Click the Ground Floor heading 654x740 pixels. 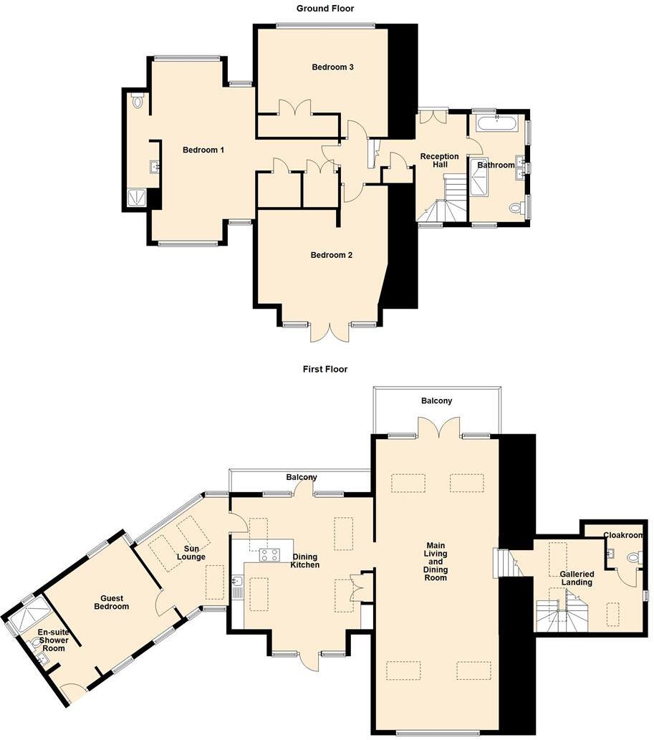[325, 9]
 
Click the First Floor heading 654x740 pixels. [325, 369]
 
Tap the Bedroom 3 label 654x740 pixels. [333, 67]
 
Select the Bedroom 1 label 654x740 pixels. [203, 150]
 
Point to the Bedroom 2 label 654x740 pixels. [331, 255]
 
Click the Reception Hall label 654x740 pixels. [439, 160]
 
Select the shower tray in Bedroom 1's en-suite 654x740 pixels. [136, 198]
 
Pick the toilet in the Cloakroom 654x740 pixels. [634, 558]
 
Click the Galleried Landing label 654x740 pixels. [576, 578]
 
